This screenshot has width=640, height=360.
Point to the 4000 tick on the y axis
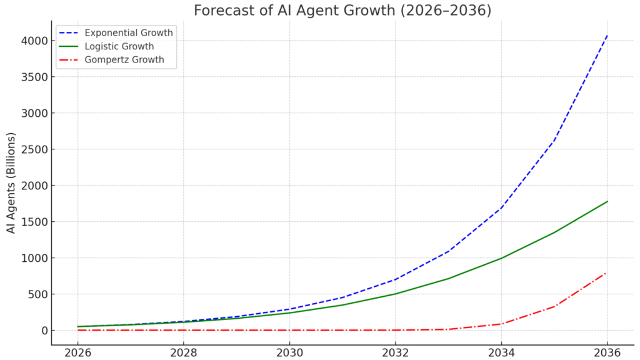point(32,41)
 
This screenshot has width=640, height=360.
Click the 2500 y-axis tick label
point(32,149)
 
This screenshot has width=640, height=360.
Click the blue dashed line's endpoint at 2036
point(607,36)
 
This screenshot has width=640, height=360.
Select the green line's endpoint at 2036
point(607,201)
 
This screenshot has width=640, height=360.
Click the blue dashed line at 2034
point(501,208)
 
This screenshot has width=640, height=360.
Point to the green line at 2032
point(395,294)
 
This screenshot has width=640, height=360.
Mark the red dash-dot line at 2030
point(289,330)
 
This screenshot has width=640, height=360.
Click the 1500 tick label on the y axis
point(32,222)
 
